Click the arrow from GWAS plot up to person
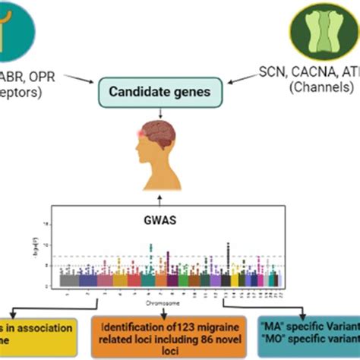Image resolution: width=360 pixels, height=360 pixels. click(x=180, y=199)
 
